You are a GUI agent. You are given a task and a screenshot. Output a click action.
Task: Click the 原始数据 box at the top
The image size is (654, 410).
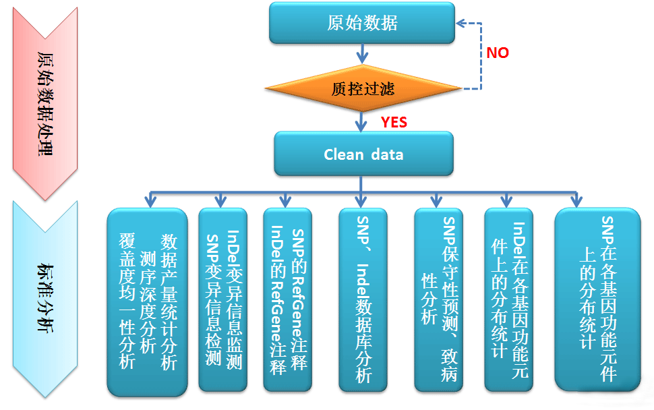tap(362, 23)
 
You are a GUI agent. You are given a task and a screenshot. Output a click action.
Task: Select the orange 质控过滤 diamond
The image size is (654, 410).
tap(363, 88)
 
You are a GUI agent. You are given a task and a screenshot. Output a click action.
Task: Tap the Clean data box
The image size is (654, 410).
tap(363, 154)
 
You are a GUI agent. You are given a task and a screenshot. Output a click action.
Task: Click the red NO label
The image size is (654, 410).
tap(498, 53)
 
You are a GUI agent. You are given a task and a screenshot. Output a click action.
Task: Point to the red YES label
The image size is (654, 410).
tap(394, 122)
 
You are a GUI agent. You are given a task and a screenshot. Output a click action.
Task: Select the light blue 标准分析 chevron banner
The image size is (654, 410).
tap(45, 299)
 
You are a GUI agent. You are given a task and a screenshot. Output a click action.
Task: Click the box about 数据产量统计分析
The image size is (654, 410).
tap(147, 302)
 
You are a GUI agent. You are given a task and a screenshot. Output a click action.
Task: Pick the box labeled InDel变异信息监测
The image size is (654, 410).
tap(223, 300)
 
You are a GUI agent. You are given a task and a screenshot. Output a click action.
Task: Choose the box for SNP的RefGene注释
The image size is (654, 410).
tap(288, 300)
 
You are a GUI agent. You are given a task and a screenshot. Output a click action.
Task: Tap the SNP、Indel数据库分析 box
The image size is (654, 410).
tap(363, 300)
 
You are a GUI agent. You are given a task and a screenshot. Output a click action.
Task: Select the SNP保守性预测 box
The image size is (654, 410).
tap(438, 300)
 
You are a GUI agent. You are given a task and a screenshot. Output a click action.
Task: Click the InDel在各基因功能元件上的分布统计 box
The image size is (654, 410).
tap(509, 300)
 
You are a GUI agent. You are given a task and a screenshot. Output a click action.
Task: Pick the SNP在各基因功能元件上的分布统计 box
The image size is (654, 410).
tap(597, 300)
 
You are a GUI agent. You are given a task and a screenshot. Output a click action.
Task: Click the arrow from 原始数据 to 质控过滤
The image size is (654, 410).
tap(363, 54)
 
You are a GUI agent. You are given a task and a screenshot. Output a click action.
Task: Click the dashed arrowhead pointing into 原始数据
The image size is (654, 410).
tap(461, 24)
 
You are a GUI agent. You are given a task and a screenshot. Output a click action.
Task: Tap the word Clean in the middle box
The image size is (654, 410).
tap(344, 154)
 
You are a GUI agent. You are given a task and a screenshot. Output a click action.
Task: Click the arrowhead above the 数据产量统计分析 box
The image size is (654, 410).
tap(150, 201)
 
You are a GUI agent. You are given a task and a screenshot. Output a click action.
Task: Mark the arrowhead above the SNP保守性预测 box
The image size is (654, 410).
tap(436, 201)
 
